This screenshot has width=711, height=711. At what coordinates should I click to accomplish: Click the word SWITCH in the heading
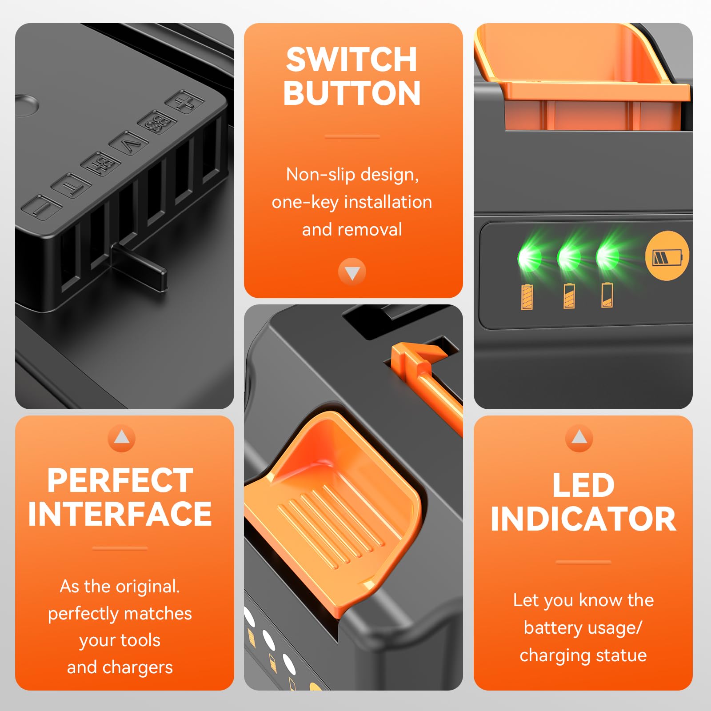tap(352, 60)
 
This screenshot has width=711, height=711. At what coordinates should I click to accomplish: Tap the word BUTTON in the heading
tap(352, 93)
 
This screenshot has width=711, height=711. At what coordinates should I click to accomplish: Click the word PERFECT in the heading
tap(120, 480)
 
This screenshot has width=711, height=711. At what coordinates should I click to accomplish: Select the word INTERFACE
tap(120, 514)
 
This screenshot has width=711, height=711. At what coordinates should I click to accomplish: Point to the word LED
tap(583, 485)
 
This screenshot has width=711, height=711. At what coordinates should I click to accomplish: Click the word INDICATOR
tap(583, 519)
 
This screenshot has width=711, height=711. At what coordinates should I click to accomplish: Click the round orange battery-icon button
tap(667, 256)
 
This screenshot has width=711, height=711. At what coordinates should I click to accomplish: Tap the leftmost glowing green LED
tap(529, 258)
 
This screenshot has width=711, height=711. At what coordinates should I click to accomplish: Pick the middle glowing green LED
tap(569, 257)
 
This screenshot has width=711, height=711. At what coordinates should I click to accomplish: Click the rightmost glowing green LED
tap(607, 256)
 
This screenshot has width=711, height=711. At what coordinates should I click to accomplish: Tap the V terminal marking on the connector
tap(128, 144)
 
